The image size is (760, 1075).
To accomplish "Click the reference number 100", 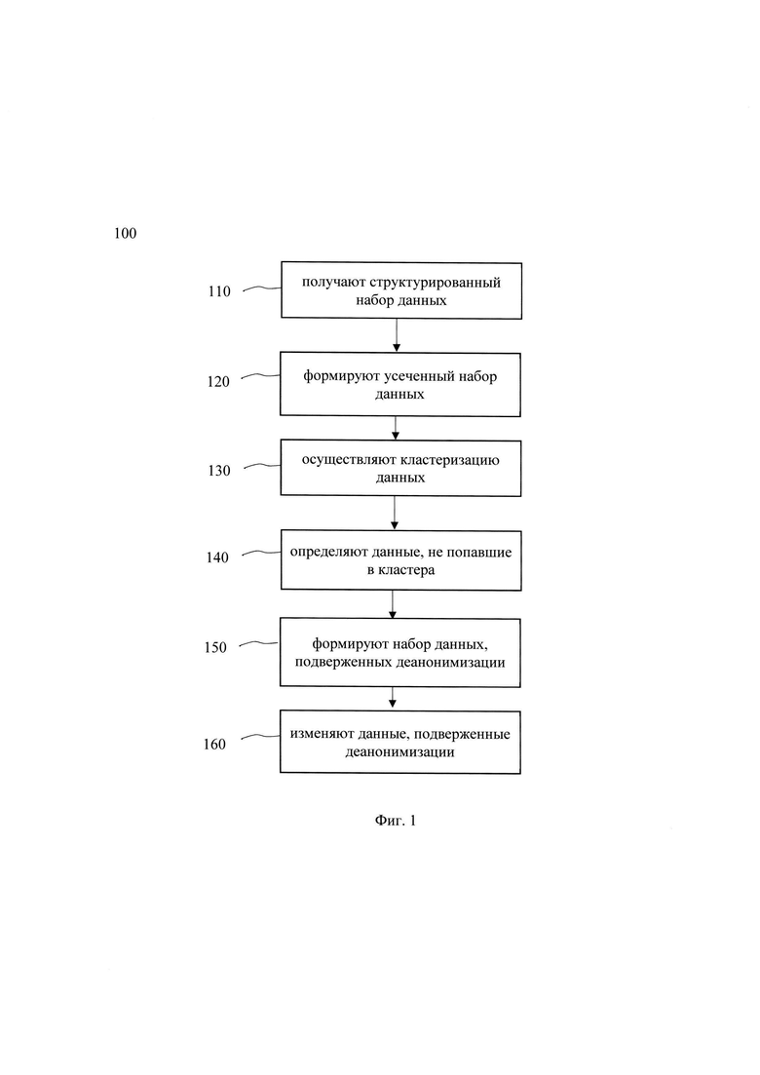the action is coord(126,233).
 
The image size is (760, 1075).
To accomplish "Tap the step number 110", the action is coord(219,291).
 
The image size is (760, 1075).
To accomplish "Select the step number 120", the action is coord(218,382).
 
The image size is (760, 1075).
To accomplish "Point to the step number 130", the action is coord(219,471).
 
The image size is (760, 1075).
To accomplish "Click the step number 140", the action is coord(217,557).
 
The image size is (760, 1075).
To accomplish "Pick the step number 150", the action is coord(215,647).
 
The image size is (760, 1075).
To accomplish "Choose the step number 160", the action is coord(214,744).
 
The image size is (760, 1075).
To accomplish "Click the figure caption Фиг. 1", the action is coord(396,821).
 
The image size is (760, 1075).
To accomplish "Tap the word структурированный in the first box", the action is coord(436,283).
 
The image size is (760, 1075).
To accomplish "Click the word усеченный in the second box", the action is coord(421,376).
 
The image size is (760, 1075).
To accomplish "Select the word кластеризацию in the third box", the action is coord(449,460).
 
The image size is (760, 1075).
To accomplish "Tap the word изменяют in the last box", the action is coord(323,734).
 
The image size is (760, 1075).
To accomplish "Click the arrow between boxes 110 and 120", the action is coord(397,336).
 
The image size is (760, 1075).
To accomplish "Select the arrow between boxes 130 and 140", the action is coord(395,513).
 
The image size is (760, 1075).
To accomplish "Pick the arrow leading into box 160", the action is coord(392,698).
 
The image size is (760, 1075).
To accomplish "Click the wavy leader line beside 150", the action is coord(258,643).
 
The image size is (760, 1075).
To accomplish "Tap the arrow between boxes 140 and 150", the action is coord(392,604).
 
